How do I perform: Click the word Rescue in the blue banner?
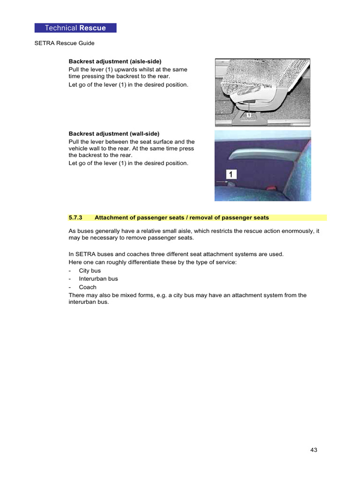92,28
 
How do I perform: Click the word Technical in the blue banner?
61,28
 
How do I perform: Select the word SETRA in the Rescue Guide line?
45,43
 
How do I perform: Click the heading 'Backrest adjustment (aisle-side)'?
115,61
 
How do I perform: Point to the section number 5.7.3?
75,217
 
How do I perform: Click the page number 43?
314,450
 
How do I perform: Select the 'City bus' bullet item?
90,270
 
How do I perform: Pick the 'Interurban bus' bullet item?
98,279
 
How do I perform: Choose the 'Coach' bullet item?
87,287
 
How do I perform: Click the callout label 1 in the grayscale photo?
249,114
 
